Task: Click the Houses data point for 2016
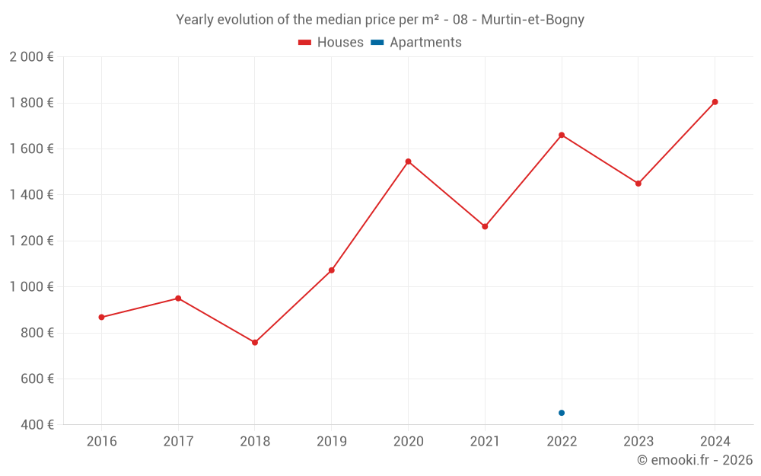pyautogui.click(x=101, y=317)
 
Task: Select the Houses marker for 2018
pyautogui.click(x=255, y=343)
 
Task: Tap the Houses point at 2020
pyautogui.click(x=408, y=161)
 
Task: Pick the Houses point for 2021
pyautogui.click(x=485, y=226)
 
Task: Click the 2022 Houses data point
pyautogui.click(x=562, y=135)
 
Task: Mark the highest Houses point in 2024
pyautogui.click(x=715, y=102)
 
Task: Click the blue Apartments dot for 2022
pyautogui.click(x=562, y=413)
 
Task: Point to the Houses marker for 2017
pyautogui.click(x=178, y=298)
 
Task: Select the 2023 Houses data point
pyautogui.click(x=638, y=184)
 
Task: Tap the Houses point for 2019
pyautogui.click(x=332, y=270)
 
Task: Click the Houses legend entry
pyautogui.click(x=331, y=43)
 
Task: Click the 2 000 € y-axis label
pyautogui.click(x=31, y=56)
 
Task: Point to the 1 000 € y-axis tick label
pyautogui.click(x=31, y=287)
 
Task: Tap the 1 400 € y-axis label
pyautogui.click(x=31, y=195)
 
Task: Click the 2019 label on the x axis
pyautogui.click(x=332, y=442)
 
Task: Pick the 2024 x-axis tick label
pyautogui.click(x=715, y=442)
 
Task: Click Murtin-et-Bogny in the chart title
pyautogui.click(x=533, y=20)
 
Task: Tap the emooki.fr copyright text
pyautogui.click(x=694, y=460)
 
